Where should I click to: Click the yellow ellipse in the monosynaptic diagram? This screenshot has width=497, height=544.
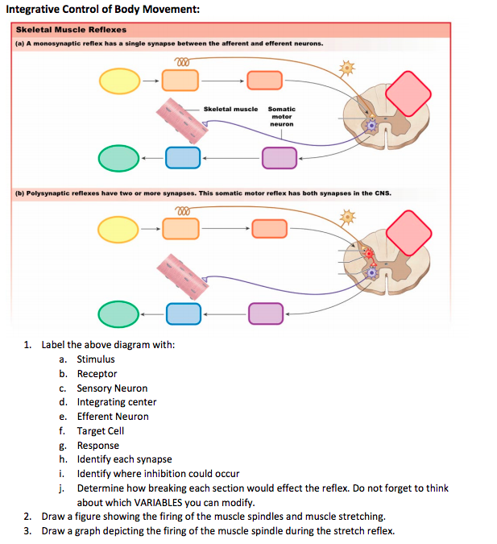pos(120,81)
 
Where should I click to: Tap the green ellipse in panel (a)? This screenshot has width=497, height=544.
pos(119,158)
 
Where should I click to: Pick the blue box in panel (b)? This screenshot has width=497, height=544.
pos(183,313)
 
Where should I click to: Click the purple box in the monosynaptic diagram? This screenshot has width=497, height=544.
pos(279,158)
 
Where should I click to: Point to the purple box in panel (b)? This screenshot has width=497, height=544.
pos(266,313)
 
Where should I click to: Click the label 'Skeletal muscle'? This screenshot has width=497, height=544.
pos(230,109)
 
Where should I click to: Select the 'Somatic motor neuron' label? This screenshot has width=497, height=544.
pos(281,116)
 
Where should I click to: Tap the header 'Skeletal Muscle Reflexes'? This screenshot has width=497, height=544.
pos(71,30)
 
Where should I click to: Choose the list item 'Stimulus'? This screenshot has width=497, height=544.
pos(96,359)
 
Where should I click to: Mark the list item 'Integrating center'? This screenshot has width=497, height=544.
pos(117,402)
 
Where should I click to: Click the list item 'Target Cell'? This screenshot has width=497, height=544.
pos(101,431)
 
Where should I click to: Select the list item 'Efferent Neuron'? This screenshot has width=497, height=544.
pos(113,417)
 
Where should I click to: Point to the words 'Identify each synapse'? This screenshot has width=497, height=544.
pos(124,459)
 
